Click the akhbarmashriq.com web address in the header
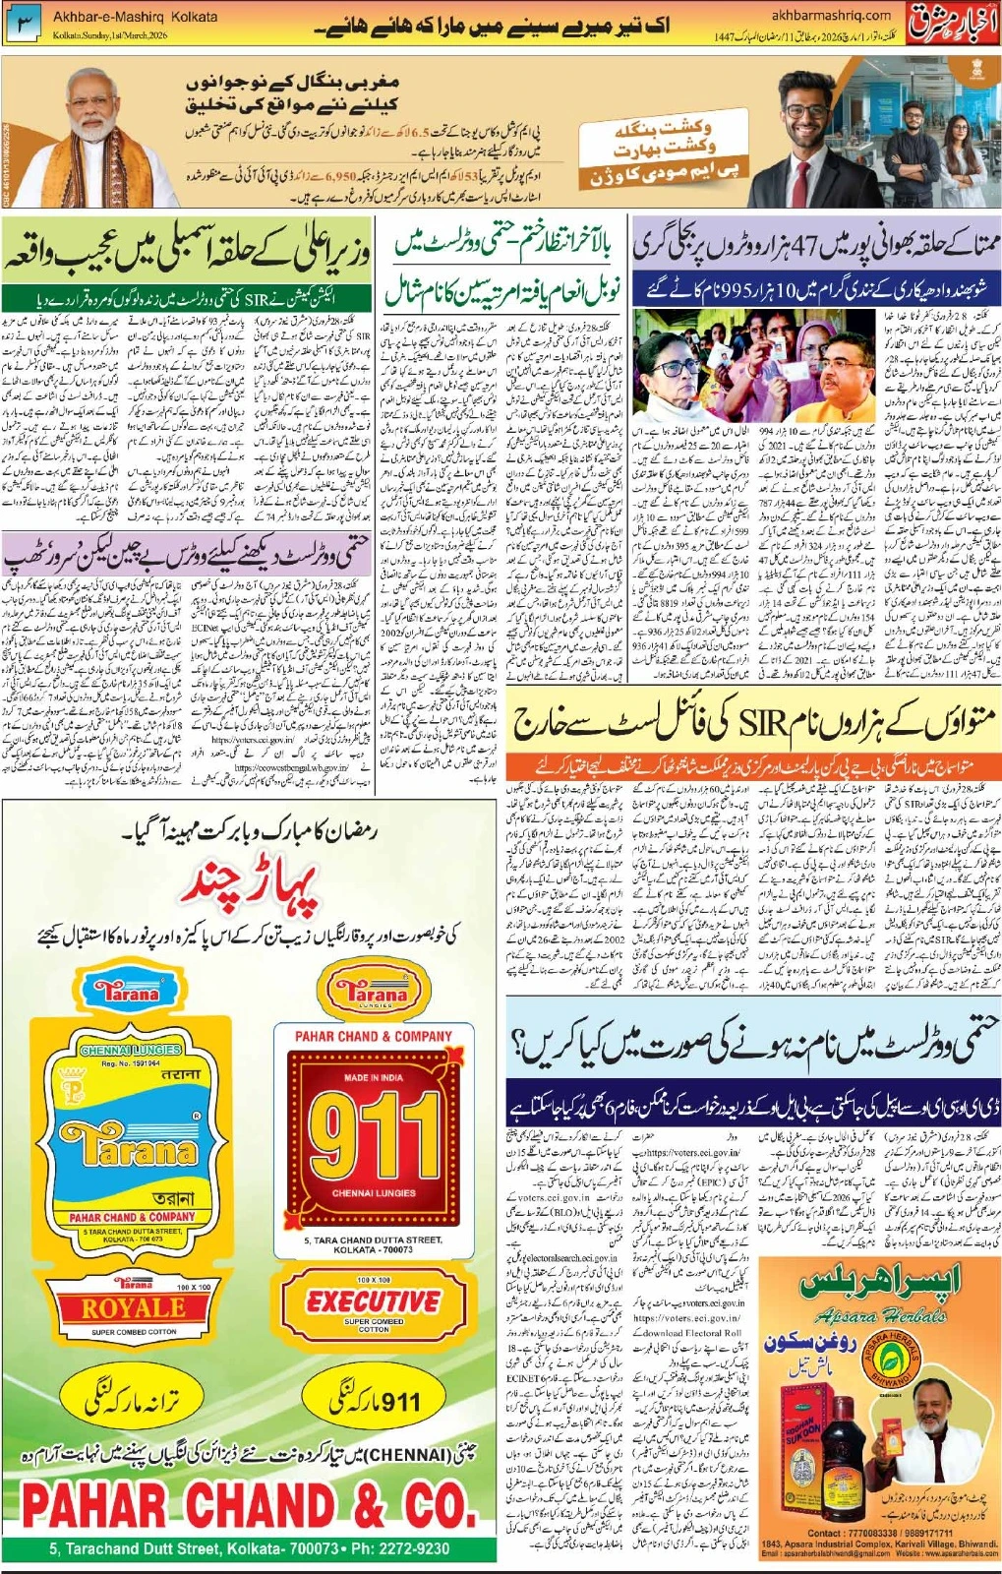[x=831, y=15]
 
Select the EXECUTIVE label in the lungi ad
[x=373, y=1301]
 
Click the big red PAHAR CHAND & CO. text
[x=249, y=1505]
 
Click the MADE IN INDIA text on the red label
[x=373, y=1077]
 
